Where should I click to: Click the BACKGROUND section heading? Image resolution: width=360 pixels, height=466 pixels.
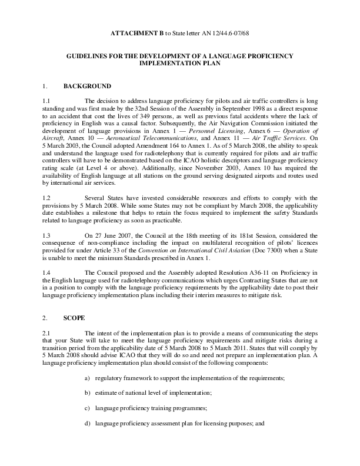86,86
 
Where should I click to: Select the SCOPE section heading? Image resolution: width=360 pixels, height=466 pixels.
74,318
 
